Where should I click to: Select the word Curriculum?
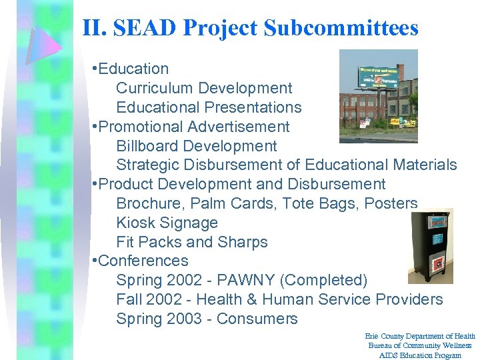154,88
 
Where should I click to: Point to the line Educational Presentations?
209,107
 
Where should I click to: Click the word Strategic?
145,165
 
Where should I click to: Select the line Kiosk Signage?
167,223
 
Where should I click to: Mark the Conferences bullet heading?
143,261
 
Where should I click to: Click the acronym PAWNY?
241,280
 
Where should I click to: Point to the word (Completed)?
328,280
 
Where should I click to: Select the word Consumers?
257,319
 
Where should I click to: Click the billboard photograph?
378,96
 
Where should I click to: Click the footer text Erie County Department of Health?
421,337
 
